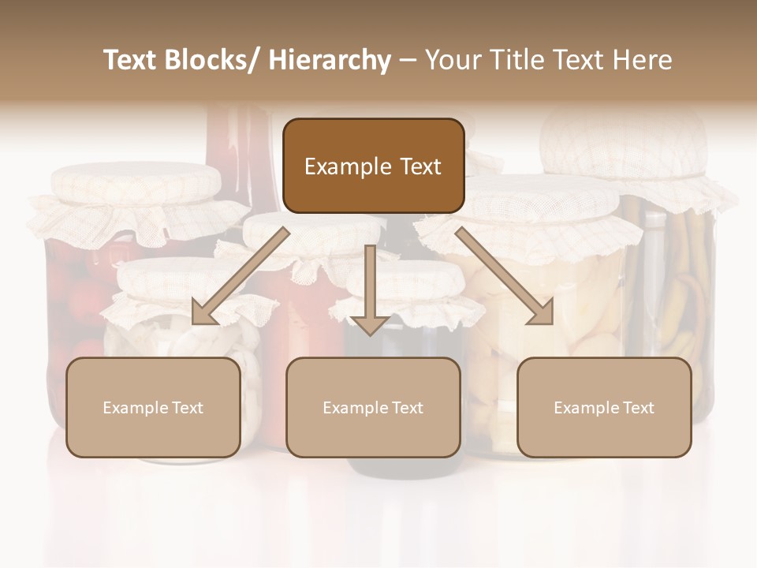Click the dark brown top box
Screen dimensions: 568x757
click(373, 166)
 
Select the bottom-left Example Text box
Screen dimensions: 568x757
click(153, 407)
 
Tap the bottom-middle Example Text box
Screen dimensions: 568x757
click(373, 407)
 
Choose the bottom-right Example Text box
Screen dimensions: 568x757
click(604, 407)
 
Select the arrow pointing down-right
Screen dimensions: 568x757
click(505, 277)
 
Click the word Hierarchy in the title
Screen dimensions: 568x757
click(330, 61)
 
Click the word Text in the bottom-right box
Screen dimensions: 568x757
click(637, 408)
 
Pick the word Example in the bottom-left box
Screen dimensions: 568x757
click(135, 408)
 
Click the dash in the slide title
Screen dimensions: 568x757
click(408, 61)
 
